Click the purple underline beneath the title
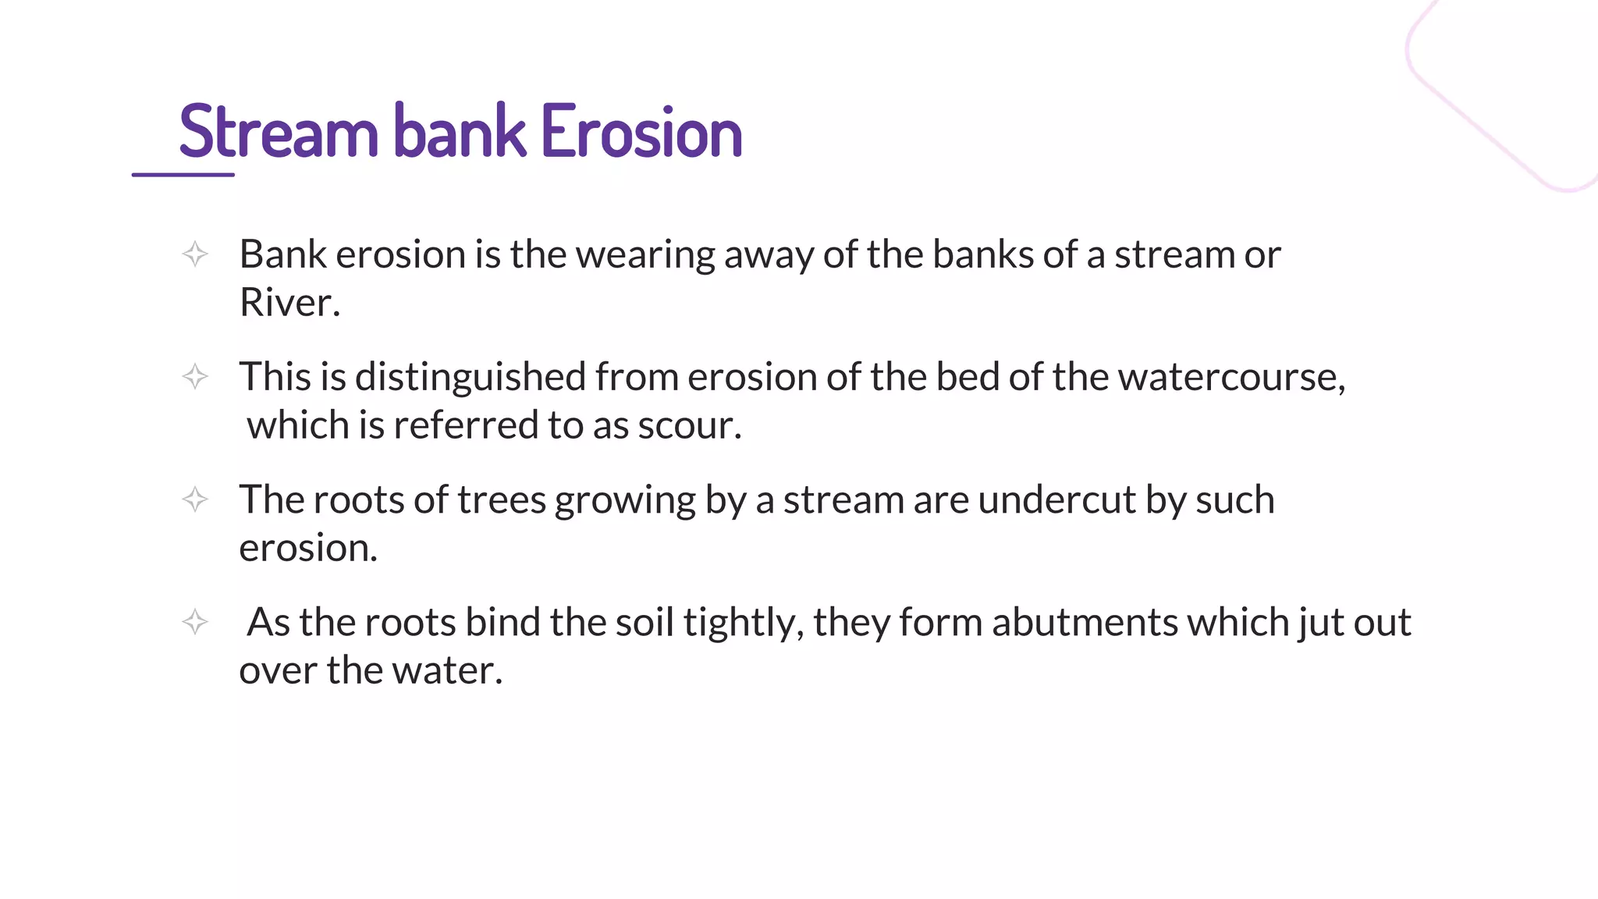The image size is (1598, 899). point(183,174)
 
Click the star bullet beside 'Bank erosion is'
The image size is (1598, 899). point(195,254)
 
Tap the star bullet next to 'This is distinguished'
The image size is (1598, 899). point(195,377)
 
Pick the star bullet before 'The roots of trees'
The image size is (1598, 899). point(195,499)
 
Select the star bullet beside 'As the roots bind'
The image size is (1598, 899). point(195,622)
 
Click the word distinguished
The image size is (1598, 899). point(471,378)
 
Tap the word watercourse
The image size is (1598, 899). point(1231,377)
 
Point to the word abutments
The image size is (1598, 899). point(1085,622)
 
